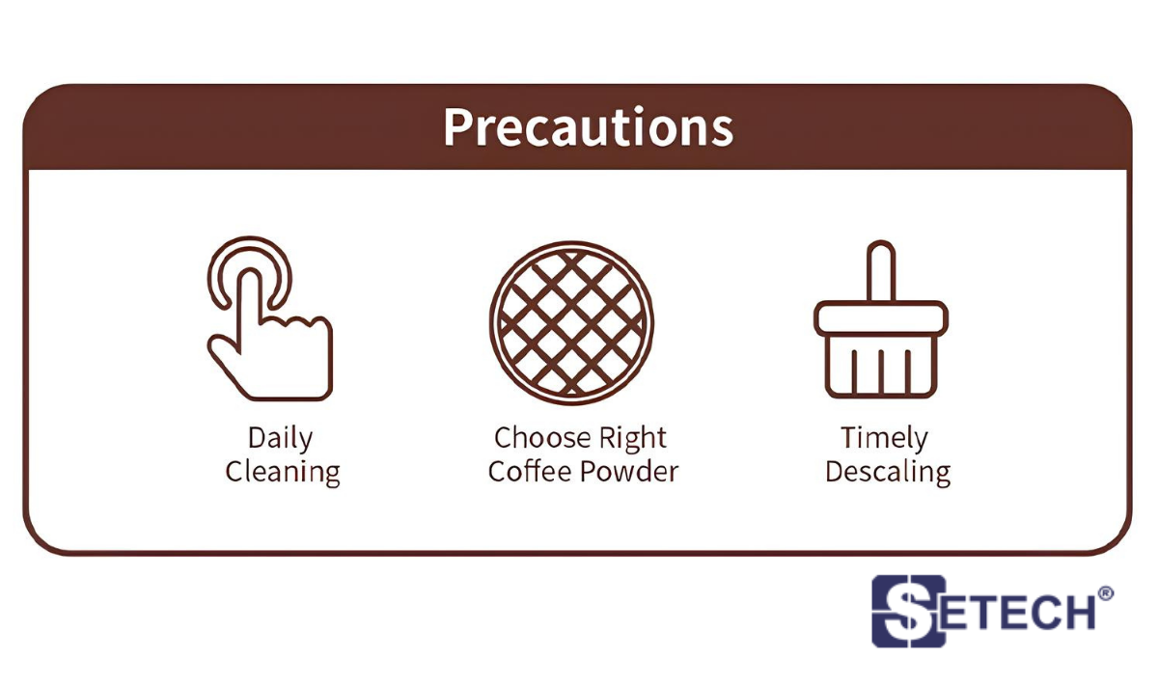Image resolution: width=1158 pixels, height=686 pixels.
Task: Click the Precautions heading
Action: pos(589,127)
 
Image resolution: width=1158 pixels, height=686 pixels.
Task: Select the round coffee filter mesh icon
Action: pos(571,322)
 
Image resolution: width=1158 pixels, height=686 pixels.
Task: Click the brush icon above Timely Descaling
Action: pos(881,319)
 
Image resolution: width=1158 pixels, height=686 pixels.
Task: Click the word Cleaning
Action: pos(283,473)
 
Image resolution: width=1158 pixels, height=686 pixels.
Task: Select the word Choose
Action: pos(541,438)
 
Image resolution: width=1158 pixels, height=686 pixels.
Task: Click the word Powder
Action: pos(629,471)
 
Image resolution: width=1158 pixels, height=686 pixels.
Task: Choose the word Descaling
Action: pos(888,473)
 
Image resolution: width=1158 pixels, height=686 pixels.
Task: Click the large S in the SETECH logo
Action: pos(908,611)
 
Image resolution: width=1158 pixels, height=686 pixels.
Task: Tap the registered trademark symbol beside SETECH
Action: pos(1105,593)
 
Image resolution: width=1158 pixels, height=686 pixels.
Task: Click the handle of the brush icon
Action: pos(881,270)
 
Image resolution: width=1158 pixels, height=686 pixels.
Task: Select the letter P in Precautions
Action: pos(458,127)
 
